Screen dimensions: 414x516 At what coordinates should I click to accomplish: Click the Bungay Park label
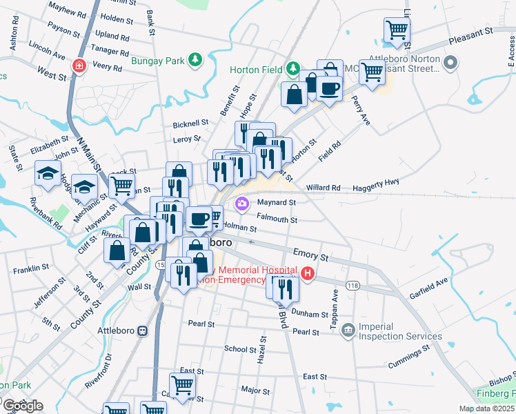pyautogui.click(x=158, y=61)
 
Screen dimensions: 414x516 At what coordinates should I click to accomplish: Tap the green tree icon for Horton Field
pyautogui.click(x=294, y=68)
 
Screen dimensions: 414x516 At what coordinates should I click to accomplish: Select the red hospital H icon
pyautogui.click(x=308, y=274)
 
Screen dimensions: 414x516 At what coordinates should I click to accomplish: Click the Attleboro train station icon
pyautogui.click(x=143, y=331)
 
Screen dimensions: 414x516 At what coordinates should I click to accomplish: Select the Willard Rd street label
pyautogui.click(x=324, y=187)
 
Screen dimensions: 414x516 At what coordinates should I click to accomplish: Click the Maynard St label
pyautogui.click(x=276, y=203)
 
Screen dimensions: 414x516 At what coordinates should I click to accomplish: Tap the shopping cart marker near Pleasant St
pyautogui.click(x=397, y=30)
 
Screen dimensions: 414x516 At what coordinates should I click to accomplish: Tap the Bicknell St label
pyautogui.click(x=190, y=123)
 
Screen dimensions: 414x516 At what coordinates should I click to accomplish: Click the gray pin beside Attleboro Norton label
pyautogui.click(x=451, y=64)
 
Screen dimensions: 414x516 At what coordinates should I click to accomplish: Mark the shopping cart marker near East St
pyautogui.click(x=182, y=385)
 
